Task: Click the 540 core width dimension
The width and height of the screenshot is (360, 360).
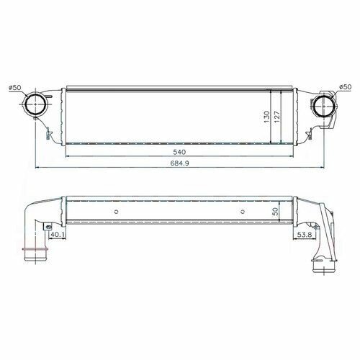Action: tap(179, 152)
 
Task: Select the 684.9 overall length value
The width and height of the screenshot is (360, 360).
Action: tap(180, 163)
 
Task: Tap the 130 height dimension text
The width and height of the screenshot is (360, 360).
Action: tap(267, 117)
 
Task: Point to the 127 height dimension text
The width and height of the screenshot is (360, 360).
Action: tap(276, 117)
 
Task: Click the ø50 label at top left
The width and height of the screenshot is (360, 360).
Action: tap(15, 88)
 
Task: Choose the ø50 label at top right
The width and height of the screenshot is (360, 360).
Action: tap(345, 87)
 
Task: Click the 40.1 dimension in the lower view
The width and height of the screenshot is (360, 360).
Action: tap(58, 235)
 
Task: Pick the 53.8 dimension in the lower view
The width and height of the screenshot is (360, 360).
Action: tap(305, 235)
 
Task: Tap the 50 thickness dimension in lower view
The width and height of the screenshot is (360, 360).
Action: tap(276, 211)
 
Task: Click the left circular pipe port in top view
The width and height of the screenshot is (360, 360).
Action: tap(35, 104)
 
